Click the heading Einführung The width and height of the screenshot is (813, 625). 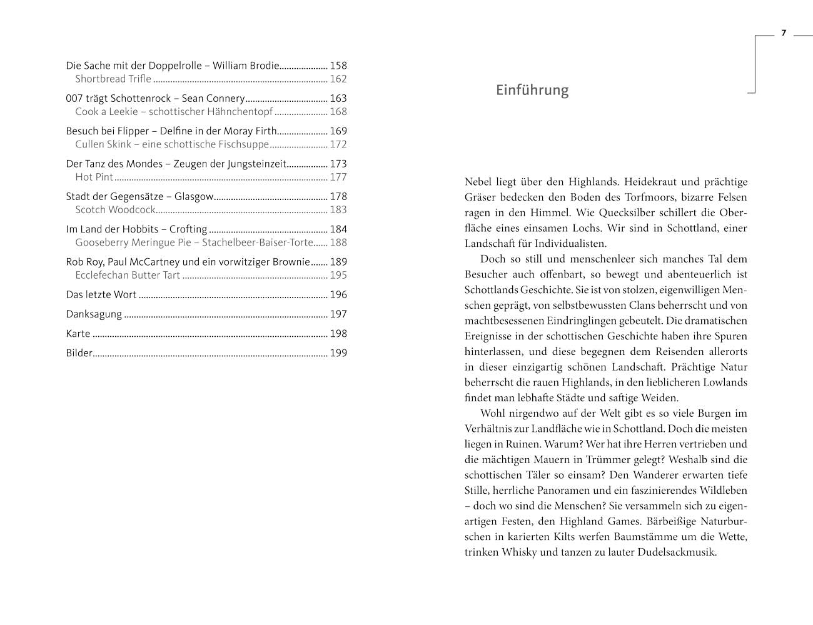point(532,90)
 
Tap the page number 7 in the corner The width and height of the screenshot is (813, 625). point(783,34)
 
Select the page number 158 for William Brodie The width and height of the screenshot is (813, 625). point(338,66)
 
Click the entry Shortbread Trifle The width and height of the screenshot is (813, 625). point(113,79)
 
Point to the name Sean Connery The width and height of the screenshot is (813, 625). point(213,99)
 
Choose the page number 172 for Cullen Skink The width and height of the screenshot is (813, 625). point(338,144)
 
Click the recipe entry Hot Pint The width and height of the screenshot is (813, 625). point(94,177)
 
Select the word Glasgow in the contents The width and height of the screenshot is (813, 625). point(194,197)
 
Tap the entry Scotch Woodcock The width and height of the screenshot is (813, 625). point(115,210)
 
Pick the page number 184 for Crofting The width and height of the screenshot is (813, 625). point(338,229)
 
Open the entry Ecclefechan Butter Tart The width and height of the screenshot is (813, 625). point(128,275)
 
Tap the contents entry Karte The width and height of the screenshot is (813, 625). point(78,334)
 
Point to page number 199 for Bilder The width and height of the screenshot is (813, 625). point(338,353)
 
